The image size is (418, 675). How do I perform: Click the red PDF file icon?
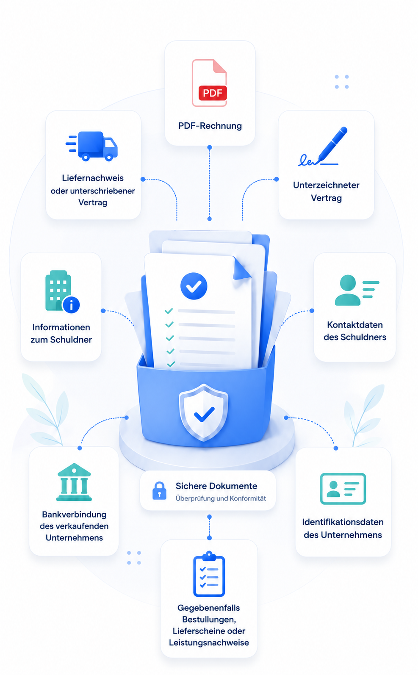click(x=210, y=83)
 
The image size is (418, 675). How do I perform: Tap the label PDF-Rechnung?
click(x=210, y=126)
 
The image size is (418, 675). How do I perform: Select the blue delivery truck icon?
click(x=91, y=146)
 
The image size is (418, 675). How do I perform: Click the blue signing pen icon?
click(x=323, y=147)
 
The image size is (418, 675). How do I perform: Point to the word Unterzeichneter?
click(x=326, y=185)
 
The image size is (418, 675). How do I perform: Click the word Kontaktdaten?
click(x=355, y=325)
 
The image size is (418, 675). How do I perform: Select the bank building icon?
click(x=74, y=482)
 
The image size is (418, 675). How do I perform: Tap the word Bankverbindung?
click(x=74, y=515)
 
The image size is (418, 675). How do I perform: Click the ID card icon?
click(x=343, y=489)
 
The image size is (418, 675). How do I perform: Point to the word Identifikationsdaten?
click(x=343, y=522)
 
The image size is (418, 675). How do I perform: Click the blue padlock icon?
click(x=159, y=490)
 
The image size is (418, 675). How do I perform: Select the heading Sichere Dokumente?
click(x=216, y=486)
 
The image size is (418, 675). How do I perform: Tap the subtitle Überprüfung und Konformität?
click(x=221, y=498)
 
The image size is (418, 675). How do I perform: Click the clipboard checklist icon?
click(x=209, y=574)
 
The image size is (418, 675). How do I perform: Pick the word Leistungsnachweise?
click(x=209, y=642)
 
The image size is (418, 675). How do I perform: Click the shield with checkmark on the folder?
click(x=204, y=412)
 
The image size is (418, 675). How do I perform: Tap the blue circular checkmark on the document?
click(x=194, y=286)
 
